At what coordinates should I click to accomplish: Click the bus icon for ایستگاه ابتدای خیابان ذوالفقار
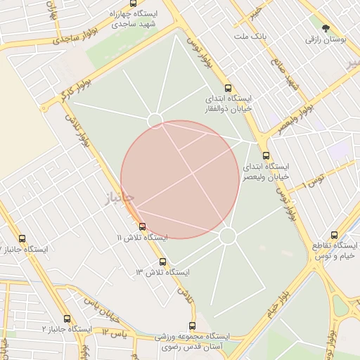(x=228, y=89)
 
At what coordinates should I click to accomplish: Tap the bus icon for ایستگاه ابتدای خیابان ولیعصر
(x=265, y=156)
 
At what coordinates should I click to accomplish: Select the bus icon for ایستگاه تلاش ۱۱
(x=143, y=226)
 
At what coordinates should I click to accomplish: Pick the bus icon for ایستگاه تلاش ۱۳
(x=162, y=262)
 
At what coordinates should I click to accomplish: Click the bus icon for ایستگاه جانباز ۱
(x=22, y=239)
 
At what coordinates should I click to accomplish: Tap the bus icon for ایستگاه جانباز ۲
(x=67, y=319)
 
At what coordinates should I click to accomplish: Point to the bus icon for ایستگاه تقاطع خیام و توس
(x=334, y=235)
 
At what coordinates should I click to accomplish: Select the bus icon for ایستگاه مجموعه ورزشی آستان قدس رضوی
(x=192, y=326)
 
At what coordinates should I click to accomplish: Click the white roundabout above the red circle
(x=155, y=120)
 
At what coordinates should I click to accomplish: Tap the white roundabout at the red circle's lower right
(x=227, y=236)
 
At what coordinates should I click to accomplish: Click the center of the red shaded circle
(x=180, y=179)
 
